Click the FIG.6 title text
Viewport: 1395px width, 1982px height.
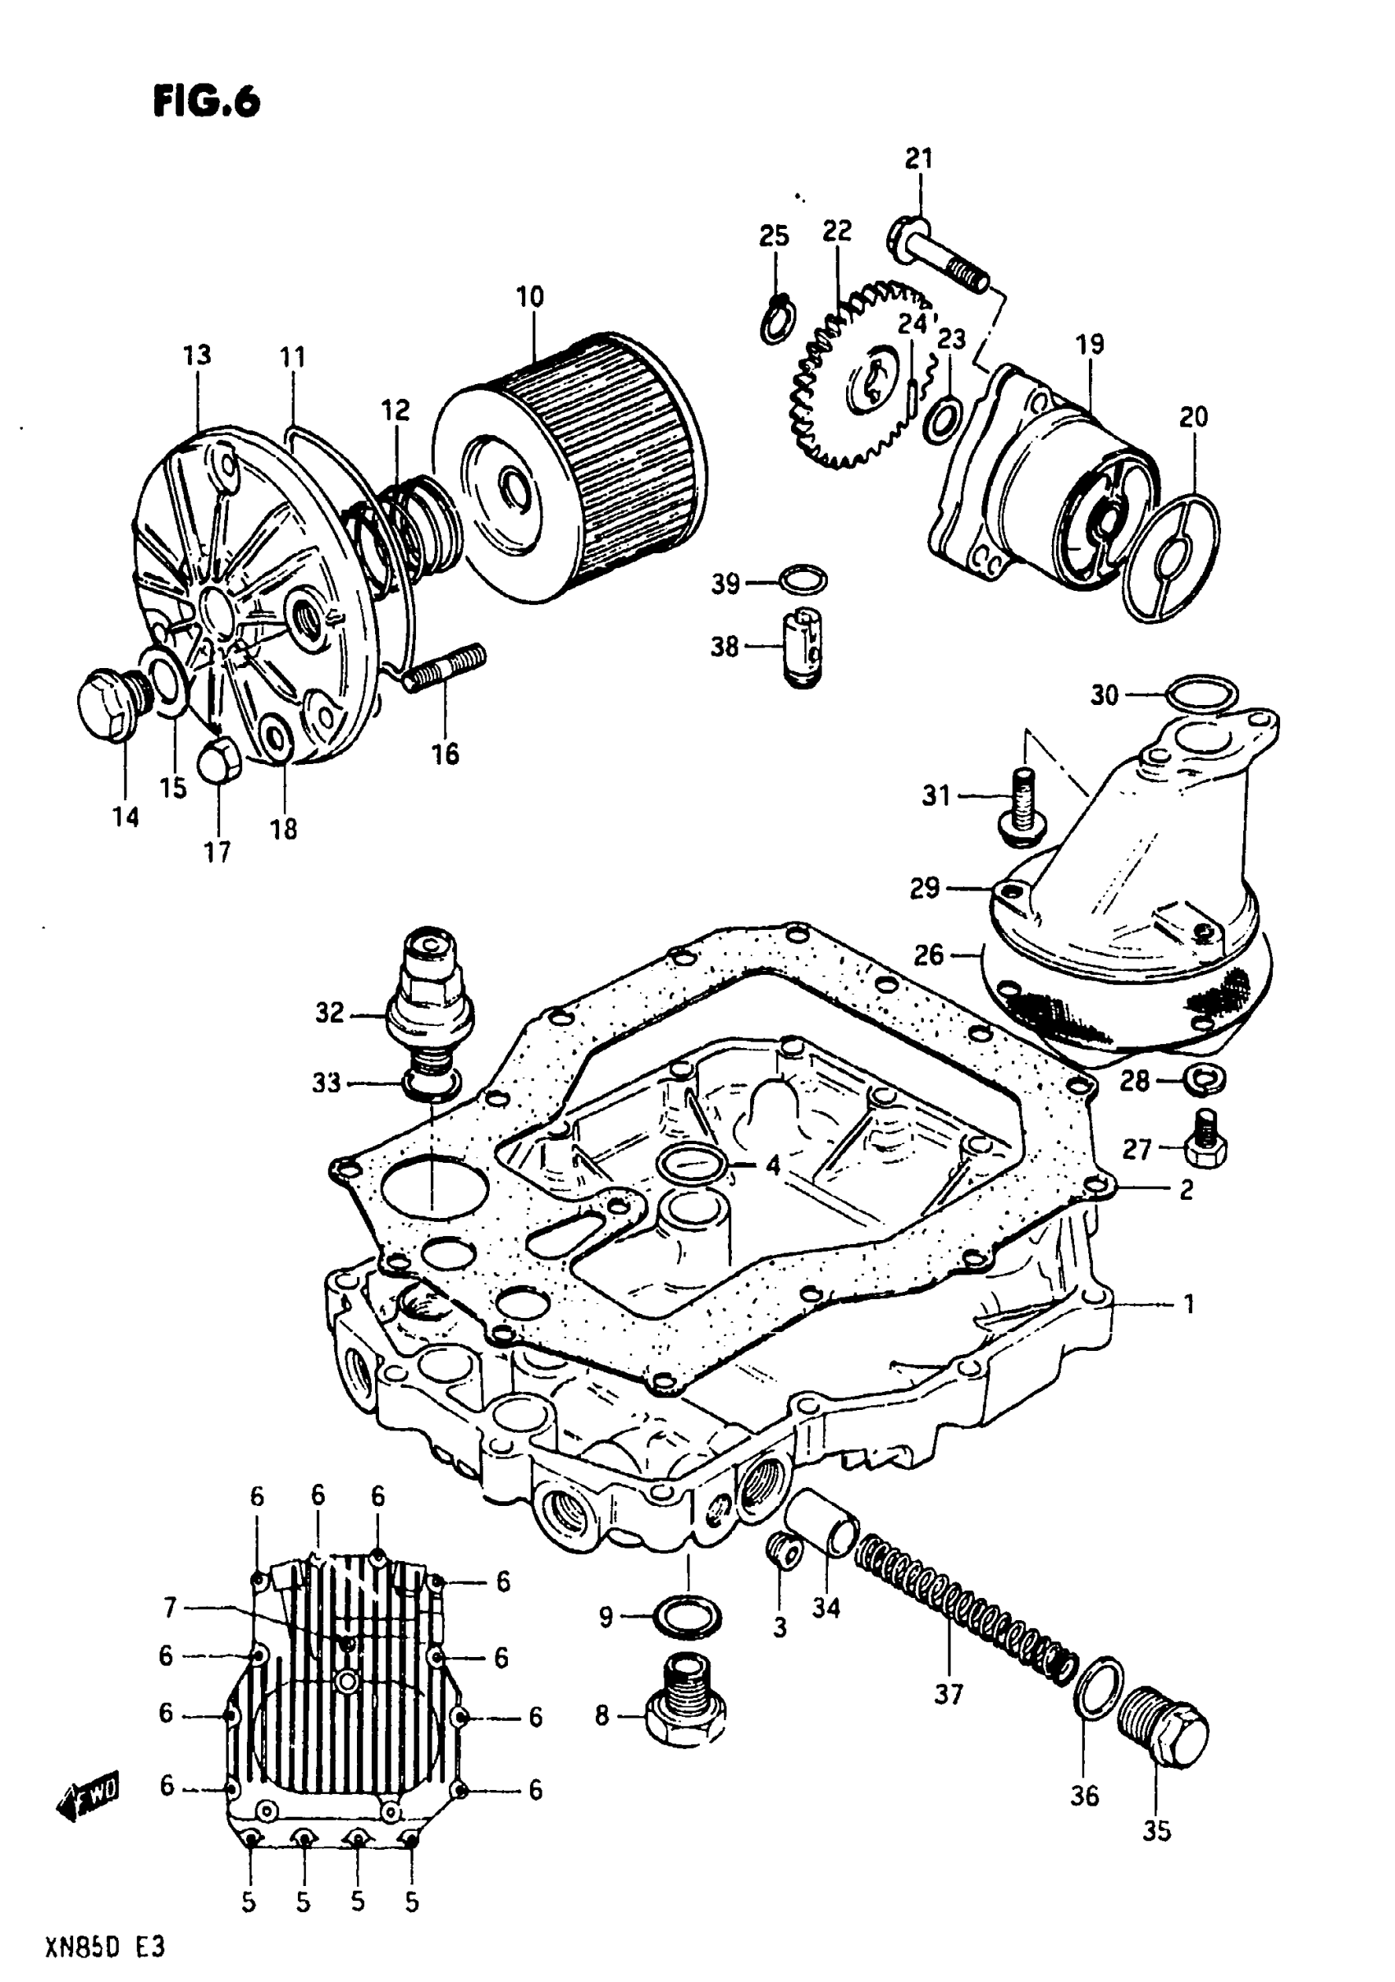(206, 102)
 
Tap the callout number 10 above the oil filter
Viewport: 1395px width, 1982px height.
(530, 297)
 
